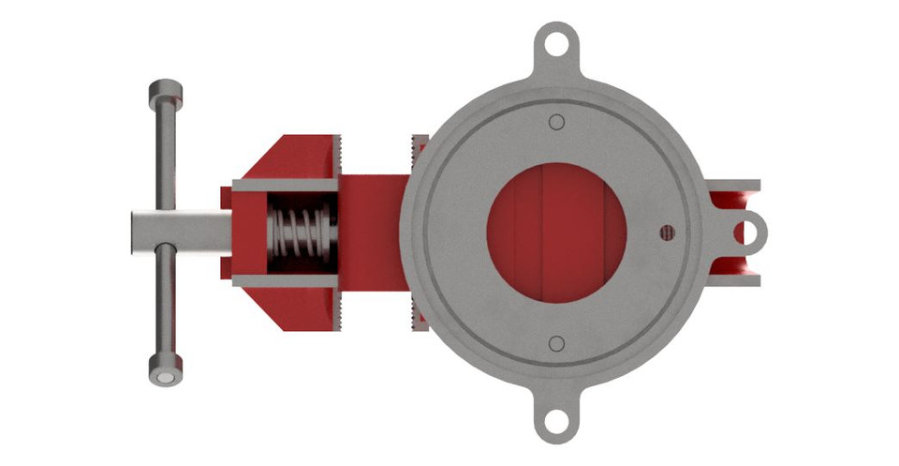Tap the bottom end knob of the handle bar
[x=164, y=369]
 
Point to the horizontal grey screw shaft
[x=178, y=231]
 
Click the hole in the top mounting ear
[x=558, y=43]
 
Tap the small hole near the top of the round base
[x=556, y=121]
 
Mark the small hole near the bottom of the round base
[x=556, y=343]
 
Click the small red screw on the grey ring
[x=667, y=232]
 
